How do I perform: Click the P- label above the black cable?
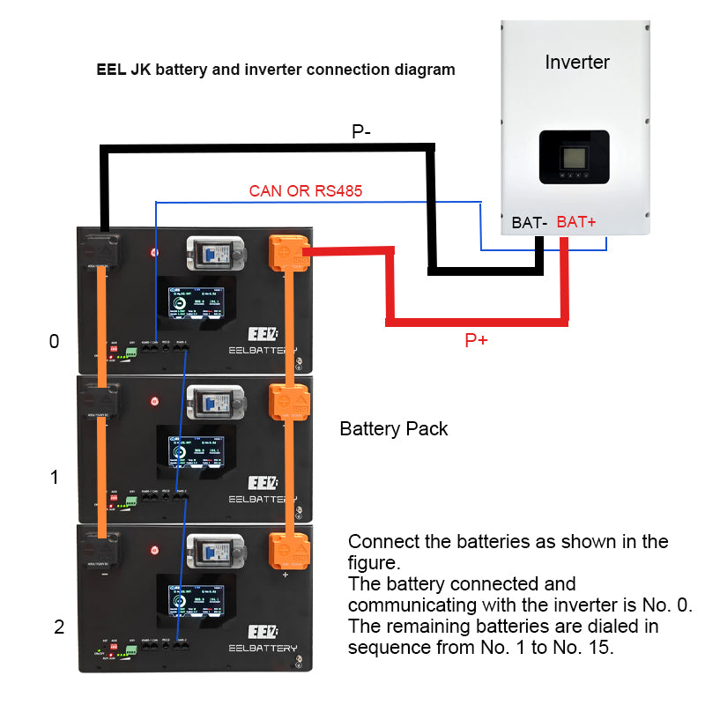[x=361, y=132]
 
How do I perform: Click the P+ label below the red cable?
[x=476, y=340]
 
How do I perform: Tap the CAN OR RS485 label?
[x=306, y=189]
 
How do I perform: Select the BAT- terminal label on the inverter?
[x=530, y=223]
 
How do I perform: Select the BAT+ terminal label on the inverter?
[x=576, y=223]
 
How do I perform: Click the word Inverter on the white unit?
[x=577, y=62]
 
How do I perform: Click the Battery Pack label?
[x=394, y=429]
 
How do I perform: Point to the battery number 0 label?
[x=55, y=341]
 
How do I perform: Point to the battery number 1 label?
[x=55, y=478]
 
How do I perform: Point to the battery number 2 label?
[x=59, y=627]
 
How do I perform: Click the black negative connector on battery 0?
[x=103, y=251]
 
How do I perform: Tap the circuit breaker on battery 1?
[x=211, y=404]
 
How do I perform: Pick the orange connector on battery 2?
[x=287, y=551]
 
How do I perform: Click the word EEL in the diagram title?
[x=112, y=70]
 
